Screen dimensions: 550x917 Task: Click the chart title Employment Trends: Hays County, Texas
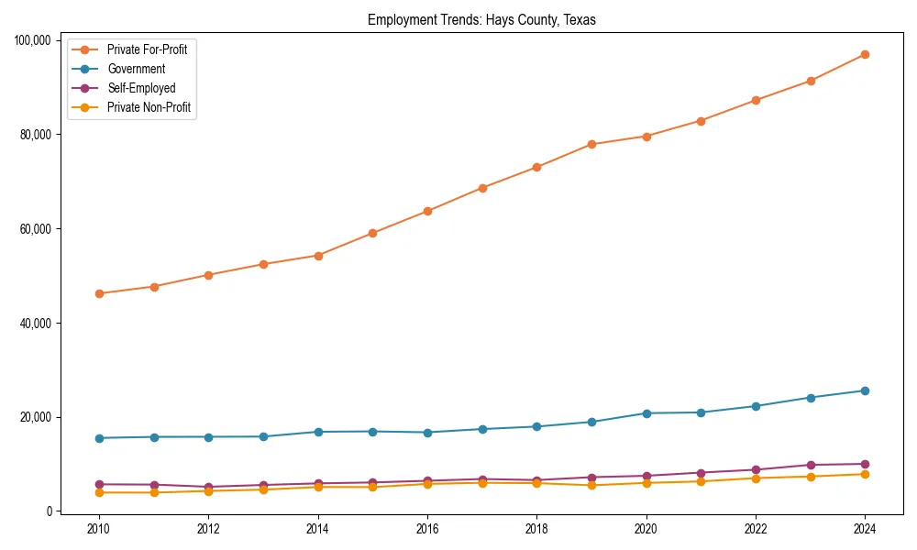point(481,19)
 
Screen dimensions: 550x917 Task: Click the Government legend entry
point(136,69)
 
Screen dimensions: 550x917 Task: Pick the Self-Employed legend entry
point(140,88)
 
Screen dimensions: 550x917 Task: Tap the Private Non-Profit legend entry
point(149,107)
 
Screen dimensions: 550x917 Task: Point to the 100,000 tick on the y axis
point(31,40)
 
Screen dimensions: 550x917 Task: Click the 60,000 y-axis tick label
point(34,229)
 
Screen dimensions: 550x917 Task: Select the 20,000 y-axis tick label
point(34,417)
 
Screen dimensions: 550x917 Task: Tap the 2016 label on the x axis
point(427,529)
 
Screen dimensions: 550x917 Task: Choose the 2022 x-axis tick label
point(756,529)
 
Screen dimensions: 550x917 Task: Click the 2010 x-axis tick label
point(99,529)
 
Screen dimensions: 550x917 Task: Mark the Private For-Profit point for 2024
point(865,55)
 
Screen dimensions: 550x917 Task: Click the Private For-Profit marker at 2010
point(99,293)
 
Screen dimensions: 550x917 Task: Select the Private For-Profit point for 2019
point(591,144)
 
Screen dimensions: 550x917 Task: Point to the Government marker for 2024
point(865,390)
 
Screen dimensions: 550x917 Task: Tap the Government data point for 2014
point(318,432)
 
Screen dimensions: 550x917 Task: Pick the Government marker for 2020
point(646,413)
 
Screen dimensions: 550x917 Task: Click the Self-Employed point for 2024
point(865,464)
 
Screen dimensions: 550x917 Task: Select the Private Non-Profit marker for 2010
point(99,492)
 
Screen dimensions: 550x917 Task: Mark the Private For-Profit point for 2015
point(372,233)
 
